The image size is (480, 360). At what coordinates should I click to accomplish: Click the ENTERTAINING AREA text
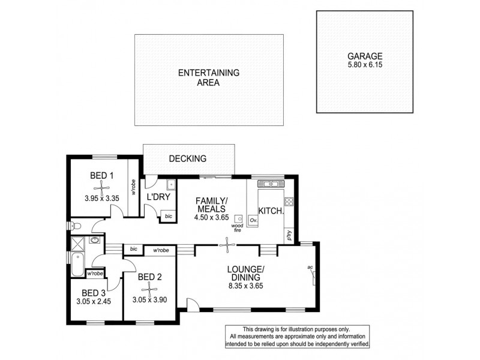coord(208,78)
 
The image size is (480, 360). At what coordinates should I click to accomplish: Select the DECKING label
coord(187,159)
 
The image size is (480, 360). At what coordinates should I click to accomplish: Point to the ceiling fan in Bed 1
coord(102,186)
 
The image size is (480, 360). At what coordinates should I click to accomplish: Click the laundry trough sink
coord(170,184)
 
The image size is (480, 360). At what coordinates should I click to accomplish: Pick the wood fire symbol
coord(238,219)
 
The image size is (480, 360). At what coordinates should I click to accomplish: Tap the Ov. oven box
coord(253,220)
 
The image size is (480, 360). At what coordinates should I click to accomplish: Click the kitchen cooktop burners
coord(289,202)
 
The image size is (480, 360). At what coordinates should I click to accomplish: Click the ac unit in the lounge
coord(313,276)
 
